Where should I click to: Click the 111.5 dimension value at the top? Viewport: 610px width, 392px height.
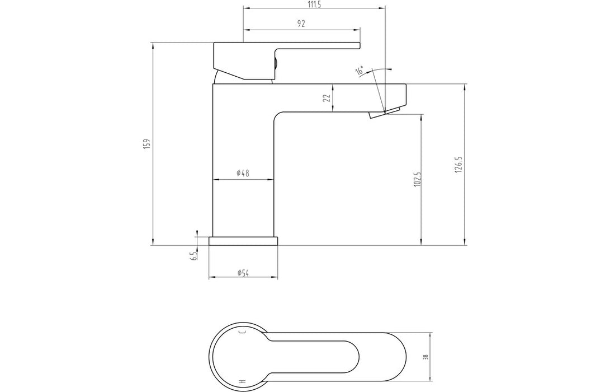coord(314,4)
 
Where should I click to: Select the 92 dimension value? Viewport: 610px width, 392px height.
coord(301,24)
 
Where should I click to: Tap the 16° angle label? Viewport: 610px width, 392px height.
coord(360,71)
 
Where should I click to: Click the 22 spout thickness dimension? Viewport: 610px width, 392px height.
coord(327,98)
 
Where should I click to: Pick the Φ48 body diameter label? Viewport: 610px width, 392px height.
coord(243,174)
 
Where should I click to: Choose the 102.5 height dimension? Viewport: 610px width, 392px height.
coord(417,180)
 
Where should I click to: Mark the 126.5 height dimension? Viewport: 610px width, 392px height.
coord(458,163)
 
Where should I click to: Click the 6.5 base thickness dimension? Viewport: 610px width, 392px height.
coord(193,256)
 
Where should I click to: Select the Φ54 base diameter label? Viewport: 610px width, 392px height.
coord(243,273)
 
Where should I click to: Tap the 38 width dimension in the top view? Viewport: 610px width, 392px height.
coord(426,357)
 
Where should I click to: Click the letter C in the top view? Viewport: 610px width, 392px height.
coord(242,333)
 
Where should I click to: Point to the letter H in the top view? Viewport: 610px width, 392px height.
coord(242,381)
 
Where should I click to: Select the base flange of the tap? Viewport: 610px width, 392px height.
coord(243,241)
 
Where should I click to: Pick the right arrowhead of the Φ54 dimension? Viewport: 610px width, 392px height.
coord(275,278)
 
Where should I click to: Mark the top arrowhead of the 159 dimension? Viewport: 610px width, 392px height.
coord(153,45)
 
